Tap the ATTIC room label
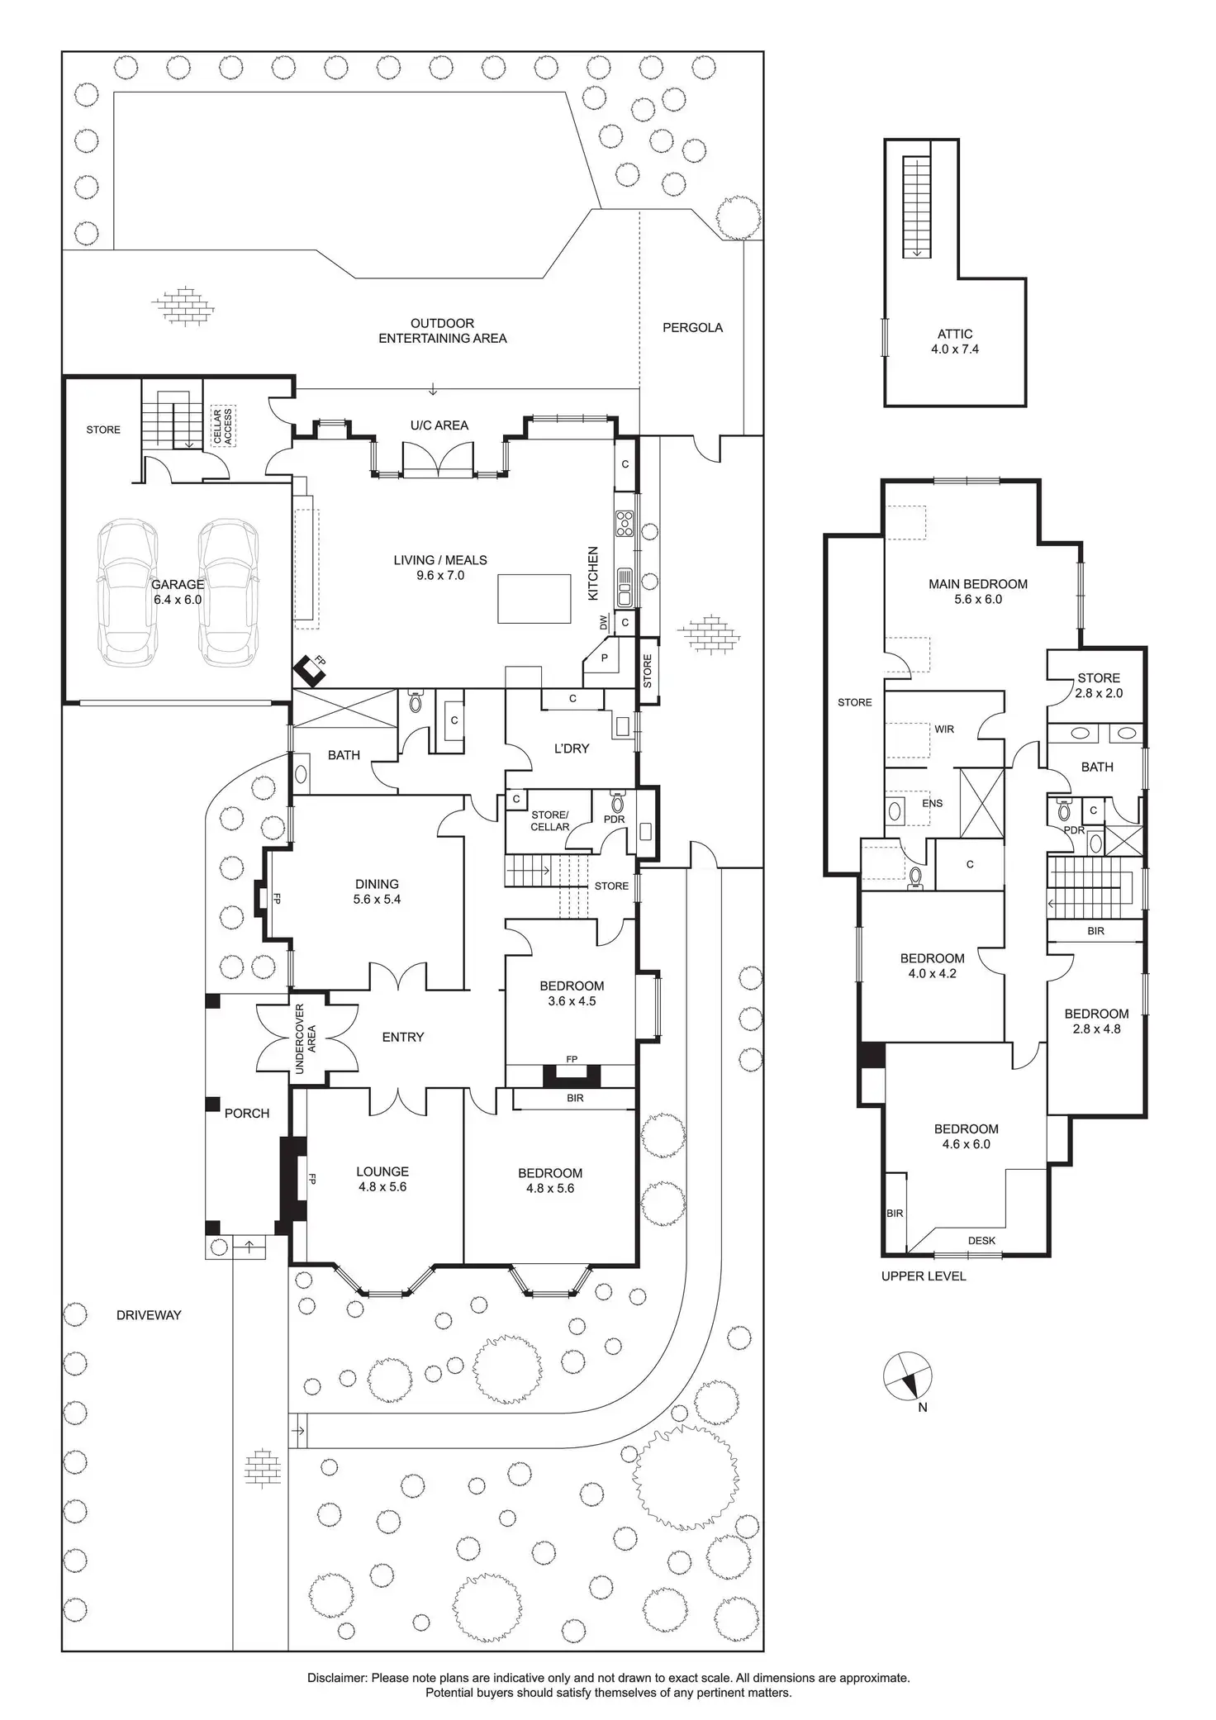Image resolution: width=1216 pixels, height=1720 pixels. coord(954,341)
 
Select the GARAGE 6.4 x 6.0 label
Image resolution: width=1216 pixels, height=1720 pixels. coord(177,592)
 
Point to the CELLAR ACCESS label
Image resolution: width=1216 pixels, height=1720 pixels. coord(223,426)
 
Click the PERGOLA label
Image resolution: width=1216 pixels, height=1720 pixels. coord(692,328)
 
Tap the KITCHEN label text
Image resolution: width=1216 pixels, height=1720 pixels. coord(592,573)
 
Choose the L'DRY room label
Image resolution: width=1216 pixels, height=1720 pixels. coord(571,748)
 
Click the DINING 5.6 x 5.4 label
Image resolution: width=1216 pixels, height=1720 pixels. coord(377,891)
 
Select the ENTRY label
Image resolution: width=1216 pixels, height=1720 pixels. coord(403,1037)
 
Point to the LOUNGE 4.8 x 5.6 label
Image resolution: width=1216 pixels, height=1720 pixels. coord(382,1179)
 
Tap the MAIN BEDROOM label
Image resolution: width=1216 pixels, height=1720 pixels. coord(978,592)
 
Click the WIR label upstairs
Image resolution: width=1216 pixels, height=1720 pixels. coord(944,729)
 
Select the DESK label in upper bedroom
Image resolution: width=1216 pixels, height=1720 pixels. coord(982,1240)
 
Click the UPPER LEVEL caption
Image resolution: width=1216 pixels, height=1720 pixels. coord(924,1276)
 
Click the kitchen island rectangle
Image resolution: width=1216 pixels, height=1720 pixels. coord(534,599)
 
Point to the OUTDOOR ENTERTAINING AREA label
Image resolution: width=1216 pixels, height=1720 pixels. coord(443,330)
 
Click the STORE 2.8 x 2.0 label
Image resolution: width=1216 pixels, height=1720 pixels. coord(1099,686)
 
